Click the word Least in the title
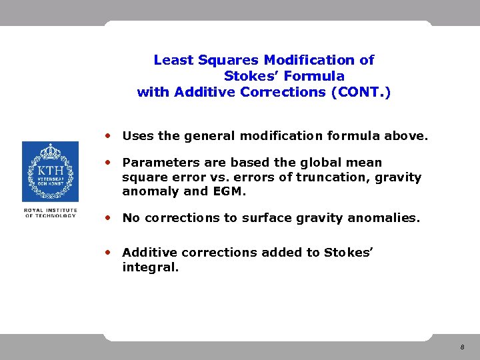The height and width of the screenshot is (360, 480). [173, 60]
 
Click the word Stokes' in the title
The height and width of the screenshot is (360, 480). [250, 76]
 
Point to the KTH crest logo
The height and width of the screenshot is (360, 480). [50, 171]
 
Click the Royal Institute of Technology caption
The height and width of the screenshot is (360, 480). [50, 213]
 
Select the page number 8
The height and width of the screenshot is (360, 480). [461, 348]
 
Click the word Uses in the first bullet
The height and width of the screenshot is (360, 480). [138, 136]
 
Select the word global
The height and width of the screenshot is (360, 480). [331, 163]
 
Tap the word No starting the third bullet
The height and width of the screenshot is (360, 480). [131, 218]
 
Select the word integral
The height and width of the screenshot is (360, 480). [150, 267]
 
